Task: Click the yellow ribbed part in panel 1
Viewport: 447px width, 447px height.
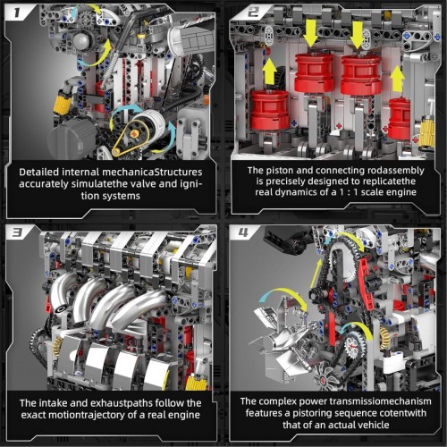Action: pos(63,114)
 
